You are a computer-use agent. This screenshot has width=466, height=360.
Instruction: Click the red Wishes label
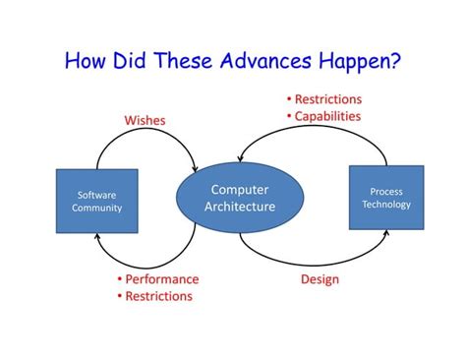145,120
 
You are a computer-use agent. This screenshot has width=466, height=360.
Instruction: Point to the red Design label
319,279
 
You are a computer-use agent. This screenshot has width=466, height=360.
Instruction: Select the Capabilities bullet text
327,116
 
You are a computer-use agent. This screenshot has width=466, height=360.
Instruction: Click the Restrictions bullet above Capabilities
327,99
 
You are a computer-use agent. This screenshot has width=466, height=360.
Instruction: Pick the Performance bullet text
161,279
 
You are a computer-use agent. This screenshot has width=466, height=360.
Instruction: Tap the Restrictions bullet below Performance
158,296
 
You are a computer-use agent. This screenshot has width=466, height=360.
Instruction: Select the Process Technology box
386,198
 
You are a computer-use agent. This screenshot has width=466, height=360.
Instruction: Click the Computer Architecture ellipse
239,198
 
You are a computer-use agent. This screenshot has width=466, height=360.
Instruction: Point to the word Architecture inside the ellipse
240,207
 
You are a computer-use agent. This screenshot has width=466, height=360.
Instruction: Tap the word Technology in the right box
386,205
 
